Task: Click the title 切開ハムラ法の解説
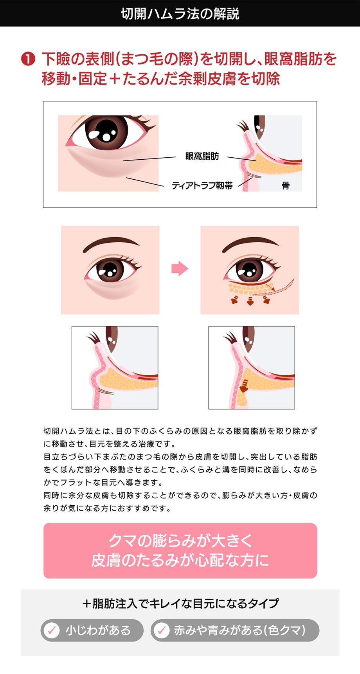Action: point(180,14)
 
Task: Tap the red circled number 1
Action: point(28,59)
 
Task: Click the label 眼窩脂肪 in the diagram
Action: point(202,156)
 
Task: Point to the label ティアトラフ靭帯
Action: point(202,186)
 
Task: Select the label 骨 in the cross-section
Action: point(286,186)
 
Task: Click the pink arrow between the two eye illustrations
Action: point(180,269)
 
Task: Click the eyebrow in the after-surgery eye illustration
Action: point(250,243)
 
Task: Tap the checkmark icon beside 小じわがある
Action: point(51,630)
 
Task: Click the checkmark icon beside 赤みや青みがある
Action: point(161,630)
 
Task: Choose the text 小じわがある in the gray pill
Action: point(98,630)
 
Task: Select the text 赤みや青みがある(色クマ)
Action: point(239,630)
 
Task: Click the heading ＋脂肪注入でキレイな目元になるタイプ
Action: point(180,603)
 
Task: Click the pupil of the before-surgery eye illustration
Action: point(110,269)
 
